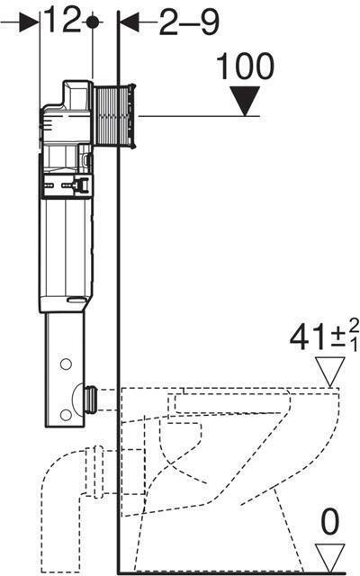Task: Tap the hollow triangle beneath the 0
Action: pos(329,553)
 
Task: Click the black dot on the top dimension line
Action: pos(92,22)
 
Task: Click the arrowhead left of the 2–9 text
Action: pos(127,22)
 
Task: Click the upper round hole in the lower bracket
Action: pos(65,365)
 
